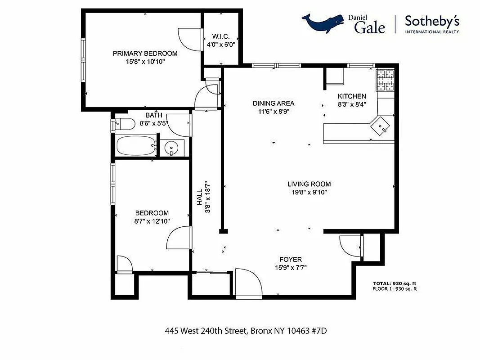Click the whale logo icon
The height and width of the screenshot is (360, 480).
coord(322,23)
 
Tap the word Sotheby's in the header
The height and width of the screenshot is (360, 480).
coord(432,21)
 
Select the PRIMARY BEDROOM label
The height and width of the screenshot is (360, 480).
coord(145,54)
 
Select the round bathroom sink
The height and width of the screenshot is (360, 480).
coord(172,148)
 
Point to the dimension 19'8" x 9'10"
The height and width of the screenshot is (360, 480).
coord(309,192)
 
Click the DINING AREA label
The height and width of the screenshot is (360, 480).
coord(274,103)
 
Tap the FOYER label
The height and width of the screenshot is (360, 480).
coord(291,260)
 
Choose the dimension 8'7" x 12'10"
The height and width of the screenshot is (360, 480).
coord(152,220)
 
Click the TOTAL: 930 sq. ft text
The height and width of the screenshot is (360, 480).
coord(395,283)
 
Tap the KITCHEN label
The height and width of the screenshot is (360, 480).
coord(352,96)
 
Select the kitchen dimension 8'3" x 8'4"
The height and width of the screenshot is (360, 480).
coord(352,104)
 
